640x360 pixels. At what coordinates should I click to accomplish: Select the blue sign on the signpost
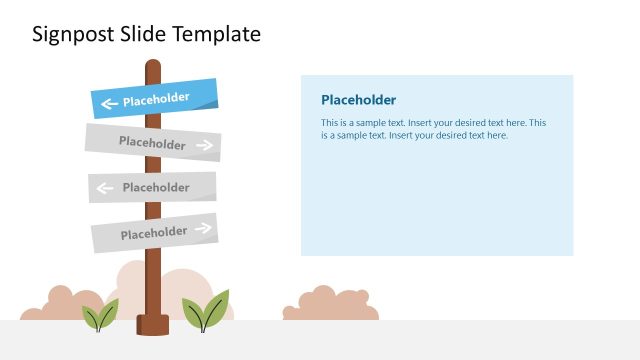click(155, 98)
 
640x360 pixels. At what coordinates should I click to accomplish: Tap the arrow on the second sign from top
click(205, 146)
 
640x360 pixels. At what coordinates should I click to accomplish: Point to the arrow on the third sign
click(103, 187)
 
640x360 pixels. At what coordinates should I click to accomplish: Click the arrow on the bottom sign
click(203, 228)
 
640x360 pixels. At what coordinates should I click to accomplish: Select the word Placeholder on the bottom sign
click(154, 234)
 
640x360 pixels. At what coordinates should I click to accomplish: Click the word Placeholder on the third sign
click(156, 187)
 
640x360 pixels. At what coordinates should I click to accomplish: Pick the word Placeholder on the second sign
click(152, 142)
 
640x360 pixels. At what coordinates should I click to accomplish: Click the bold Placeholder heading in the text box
click(358, 100)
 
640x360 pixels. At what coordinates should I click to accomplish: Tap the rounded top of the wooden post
click(153, 66)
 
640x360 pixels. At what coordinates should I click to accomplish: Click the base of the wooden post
click(153, 324)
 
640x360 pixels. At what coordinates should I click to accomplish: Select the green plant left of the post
click(100, 316)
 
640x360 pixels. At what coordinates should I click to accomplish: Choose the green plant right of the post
click(206, 312)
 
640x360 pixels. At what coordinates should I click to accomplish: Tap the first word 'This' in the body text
click(330, 123)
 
